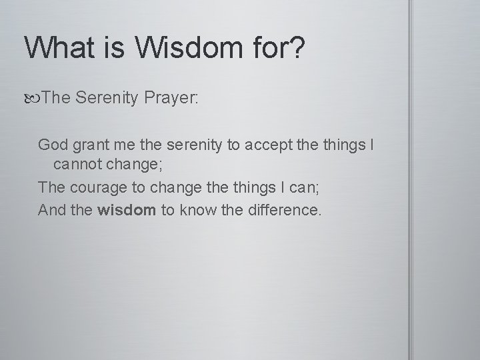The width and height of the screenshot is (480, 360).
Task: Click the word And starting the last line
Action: point(52,211)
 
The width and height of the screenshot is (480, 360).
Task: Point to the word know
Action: point(197,211)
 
